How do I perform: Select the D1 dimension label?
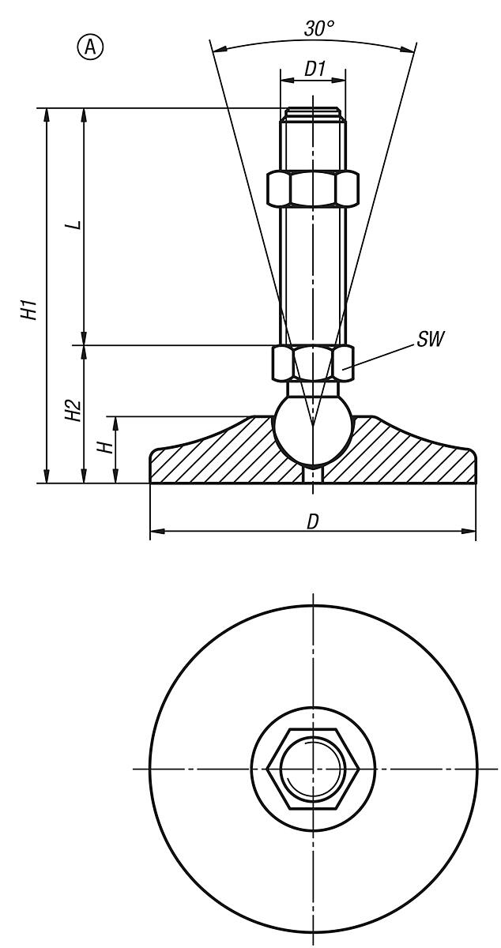tap(315, 70)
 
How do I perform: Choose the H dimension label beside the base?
tap(104, 448)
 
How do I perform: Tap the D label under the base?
tap(313, 522)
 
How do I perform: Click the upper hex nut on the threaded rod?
tap(313, 187)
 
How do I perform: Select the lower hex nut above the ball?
tap(313, 361)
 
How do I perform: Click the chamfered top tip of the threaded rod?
tap(313, 113)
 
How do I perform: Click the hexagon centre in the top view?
tap(314, 768)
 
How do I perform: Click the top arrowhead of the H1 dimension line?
tap(47, 114)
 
